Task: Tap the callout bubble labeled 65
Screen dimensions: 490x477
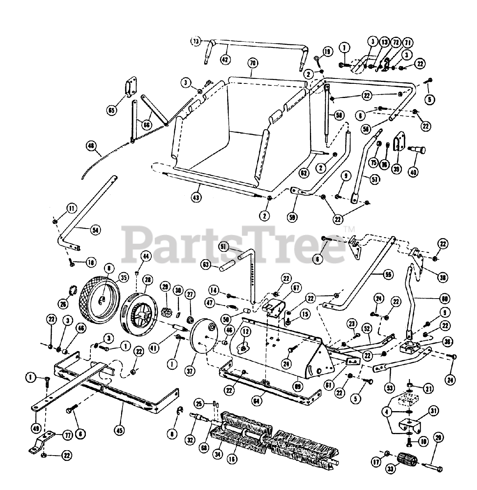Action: pyautogui.click(x=111, y=111)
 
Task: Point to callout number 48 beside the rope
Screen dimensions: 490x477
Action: pyautogui.click(x=91, y=145)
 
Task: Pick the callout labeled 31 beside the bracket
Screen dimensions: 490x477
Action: pyautogui.click(x=433, y=412)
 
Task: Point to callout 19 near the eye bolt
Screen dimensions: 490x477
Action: pyautogui.click(x=326, y=52)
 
